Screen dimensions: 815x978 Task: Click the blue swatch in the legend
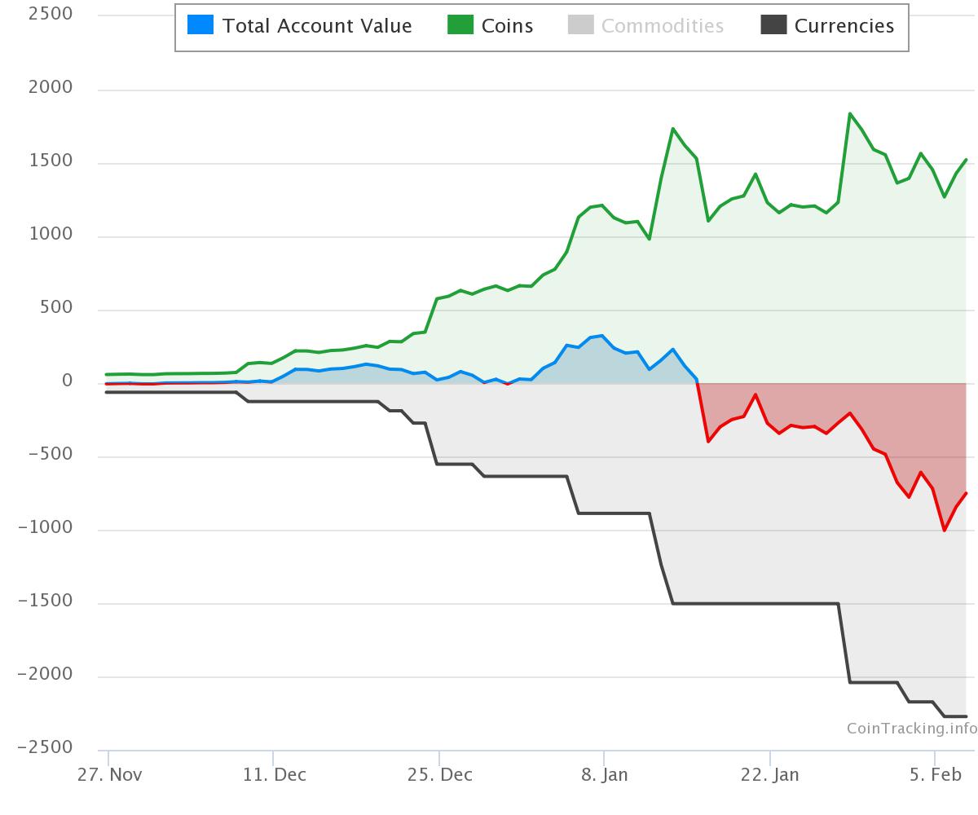[200, 25]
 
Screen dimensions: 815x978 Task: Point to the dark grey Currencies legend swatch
[773, 25]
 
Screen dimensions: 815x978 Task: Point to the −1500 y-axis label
[45, 601]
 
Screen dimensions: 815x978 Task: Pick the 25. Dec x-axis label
[440, 774]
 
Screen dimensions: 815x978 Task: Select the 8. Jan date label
[605, 774]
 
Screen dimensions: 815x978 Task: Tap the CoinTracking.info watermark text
[911, 728]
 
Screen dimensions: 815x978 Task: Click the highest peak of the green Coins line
[850, 114]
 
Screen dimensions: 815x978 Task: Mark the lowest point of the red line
[945, 531]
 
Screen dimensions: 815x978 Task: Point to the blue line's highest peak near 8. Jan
[601, 335]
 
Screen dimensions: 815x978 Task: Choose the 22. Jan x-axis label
[769, 774]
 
